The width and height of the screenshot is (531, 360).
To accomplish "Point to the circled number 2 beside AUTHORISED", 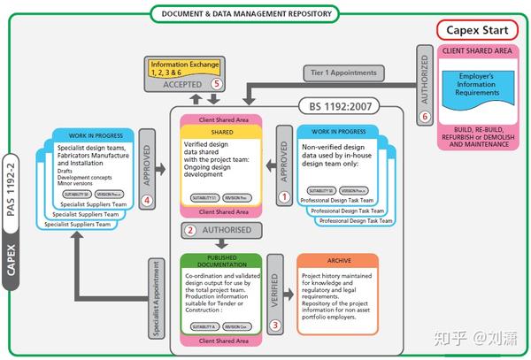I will coord(190,230).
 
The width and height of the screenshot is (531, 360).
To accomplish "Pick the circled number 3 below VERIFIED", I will coord(274,326).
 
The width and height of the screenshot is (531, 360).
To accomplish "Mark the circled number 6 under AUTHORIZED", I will coord(425,116).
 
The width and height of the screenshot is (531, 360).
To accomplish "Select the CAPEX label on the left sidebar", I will coord(11,262).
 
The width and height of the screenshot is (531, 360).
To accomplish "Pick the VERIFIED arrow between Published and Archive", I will coord(274,287).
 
